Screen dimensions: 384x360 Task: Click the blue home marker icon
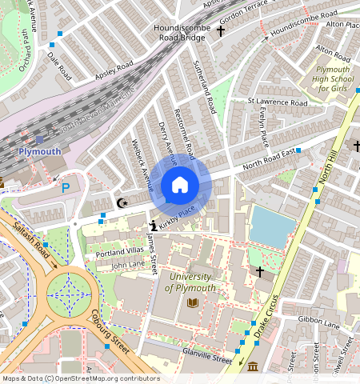pyautogui.click(x=180, y=185)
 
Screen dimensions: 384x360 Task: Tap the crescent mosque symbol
pyautogui.click(x=122, y=203)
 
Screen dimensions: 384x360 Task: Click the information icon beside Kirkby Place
pyautogui.click(x=152, y=226)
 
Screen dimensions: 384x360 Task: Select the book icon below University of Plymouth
pyautogui.click(x=193, y=302)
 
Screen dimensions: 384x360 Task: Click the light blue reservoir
pyautogui.click(x=273, y=226)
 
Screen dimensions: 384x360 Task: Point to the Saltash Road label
pyautogui.click(x=33, y=244)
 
